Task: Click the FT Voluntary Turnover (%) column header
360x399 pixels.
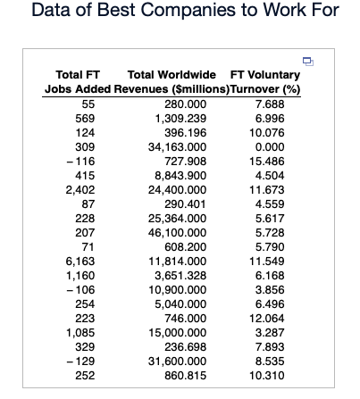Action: (x=264, y=82)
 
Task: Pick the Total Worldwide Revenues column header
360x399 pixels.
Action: (x=172, y=82)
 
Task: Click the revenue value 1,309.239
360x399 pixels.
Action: (x=180, y=118)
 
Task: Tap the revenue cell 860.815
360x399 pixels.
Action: (x=180, y=373)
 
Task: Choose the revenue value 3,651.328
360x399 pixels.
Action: (x=180, y=274)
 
